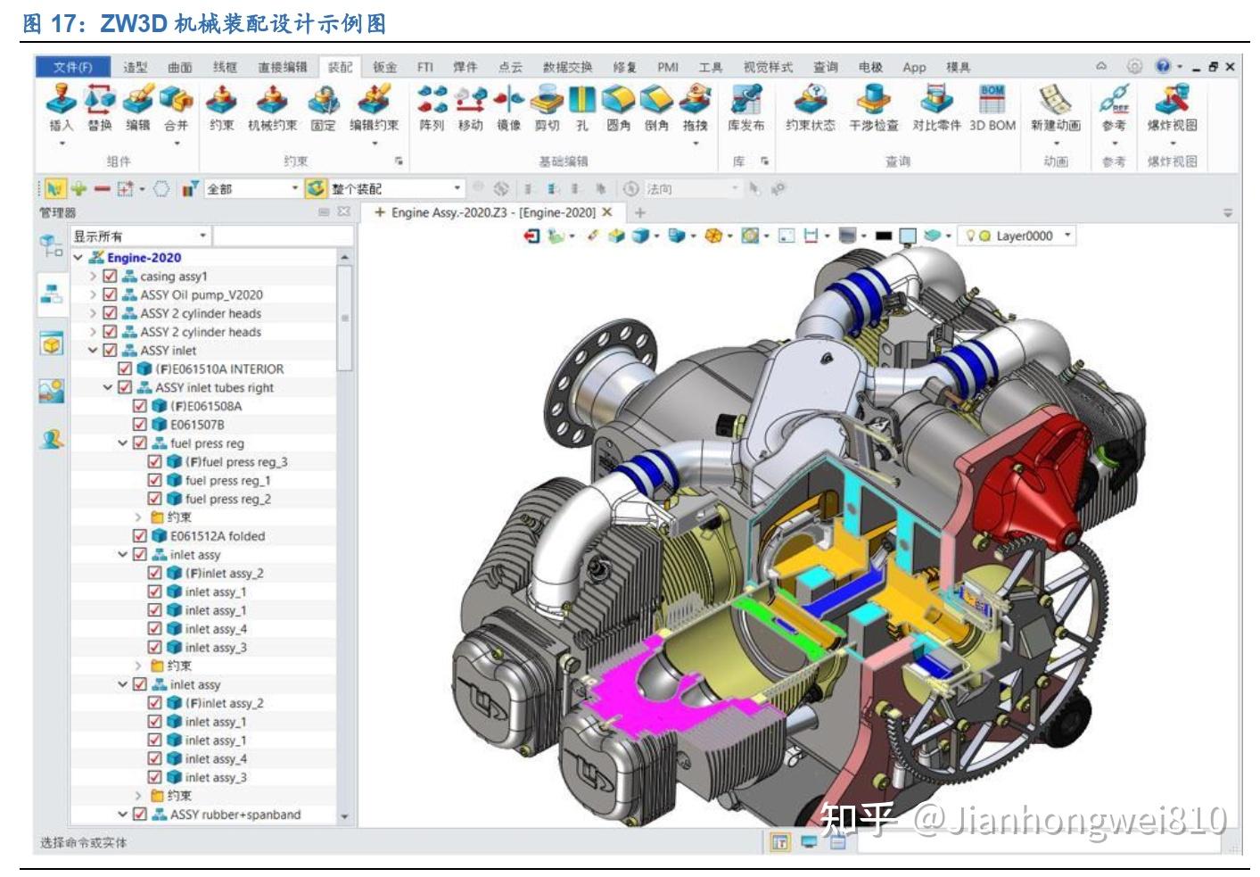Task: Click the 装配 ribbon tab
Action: [340, 67]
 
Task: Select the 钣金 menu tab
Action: [385, 67]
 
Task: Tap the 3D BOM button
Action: [992, 108]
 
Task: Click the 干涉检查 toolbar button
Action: [873, 108]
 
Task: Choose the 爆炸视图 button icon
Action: [1172, 108]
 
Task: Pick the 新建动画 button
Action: [1056, 108]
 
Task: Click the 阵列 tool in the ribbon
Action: [432, 108]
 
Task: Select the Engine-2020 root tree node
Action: [144, 258]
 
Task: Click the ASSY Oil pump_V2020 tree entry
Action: [201, 294]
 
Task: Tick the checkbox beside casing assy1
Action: [111, 277]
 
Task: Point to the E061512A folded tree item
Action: [218, 536]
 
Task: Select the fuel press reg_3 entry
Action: [236, 462]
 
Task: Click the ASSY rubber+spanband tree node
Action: [235, 815]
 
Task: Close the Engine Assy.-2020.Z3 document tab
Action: [607, 212]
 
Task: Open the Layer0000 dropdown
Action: [1068, 236]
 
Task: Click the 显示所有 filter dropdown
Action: [141, 236]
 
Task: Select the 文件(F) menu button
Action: [72, 67]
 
